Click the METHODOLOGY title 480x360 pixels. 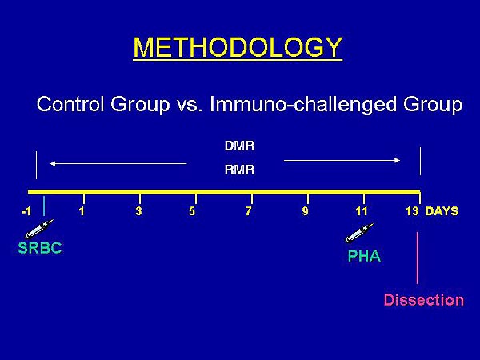click(238, 47)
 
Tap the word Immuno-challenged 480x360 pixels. click(302, 104)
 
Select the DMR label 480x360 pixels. click(239, 146)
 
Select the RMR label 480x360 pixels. click(239, 170)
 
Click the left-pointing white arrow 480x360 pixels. click(118, 164)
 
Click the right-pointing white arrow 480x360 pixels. click(342, 160)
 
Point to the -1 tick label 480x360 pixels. click(26, 211)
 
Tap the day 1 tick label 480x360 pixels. click(82, 211)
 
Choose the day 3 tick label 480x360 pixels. click(138, 211)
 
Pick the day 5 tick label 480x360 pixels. click(192, 211)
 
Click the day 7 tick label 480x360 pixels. click(248, 211)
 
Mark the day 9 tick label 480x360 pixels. click(305, 211)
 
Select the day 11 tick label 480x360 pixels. click(362, 211)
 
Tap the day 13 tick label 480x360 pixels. click(412, 211)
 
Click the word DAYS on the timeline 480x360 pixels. click(442, 211)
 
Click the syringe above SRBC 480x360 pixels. click(39, 229)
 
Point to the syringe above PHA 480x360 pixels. click(359, 233)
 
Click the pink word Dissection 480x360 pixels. click(424, 300)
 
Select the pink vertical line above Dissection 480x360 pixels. click(418, 258)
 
